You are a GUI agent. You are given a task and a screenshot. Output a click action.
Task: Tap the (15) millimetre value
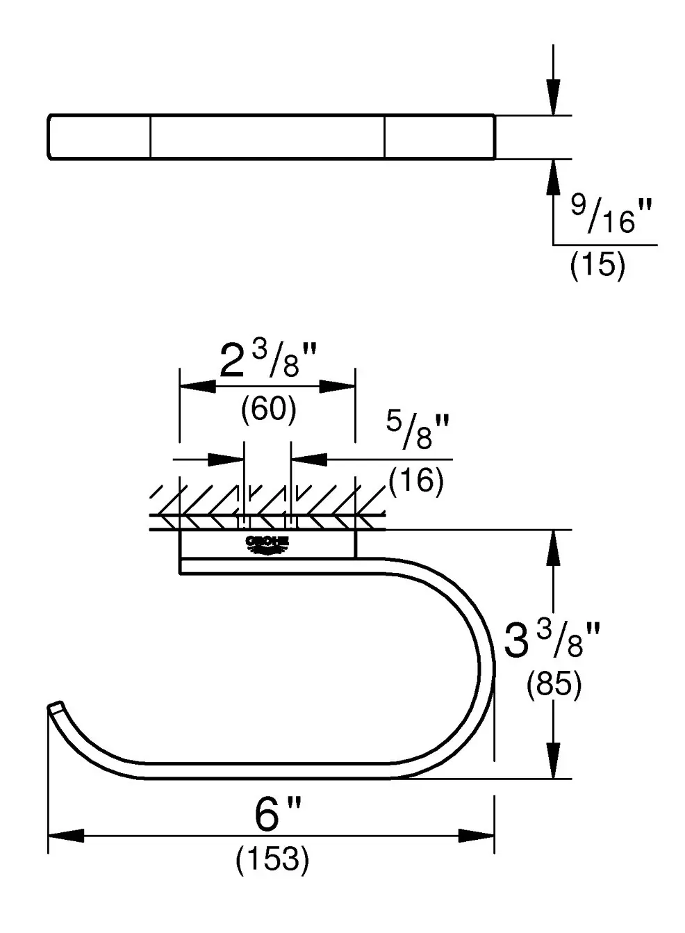597,266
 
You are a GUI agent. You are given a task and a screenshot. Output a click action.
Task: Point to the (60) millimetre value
268,409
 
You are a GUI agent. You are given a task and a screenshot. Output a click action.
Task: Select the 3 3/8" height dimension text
552,640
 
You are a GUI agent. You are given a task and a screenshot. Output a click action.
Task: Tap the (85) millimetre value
553,686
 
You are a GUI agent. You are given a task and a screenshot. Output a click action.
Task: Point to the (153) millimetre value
272,861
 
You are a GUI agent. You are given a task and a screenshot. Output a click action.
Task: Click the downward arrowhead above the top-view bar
552,97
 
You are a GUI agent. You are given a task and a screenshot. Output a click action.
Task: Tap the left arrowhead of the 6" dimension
66,836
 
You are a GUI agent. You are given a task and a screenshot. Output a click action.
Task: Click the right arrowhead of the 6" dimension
476,836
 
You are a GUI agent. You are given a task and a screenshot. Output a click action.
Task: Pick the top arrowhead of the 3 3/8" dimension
552,549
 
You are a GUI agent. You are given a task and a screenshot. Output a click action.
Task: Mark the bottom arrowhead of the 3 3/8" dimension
552,760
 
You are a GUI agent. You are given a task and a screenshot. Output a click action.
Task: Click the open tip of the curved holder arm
53,708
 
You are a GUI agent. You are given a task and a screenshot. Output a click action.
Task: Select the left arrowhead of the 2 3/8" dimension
198,386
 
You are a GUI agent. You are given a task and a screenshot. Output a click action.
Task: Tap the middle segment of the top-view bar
267,137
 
